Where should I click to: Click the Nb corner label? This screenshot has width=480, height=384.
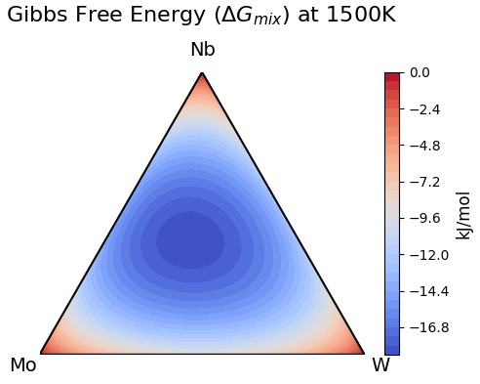202,50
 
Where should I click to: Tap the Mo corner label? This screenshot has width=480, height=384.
22,365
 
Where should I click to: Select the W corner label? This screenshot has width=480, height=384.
380,365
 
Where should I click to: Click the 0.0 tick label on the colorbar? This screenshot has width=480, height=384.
420,72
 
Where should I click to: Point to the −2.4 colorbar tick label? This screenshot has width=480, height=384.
424,109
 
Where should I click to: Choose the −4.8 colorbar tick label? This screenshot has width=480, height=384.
424,146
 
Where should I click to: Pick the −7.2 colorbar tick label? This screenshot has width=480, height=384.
424,182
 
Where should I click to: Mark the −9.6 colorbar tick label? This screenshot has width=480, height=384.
424,218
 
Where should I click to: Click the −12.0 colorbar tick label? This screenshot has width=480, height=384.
428,255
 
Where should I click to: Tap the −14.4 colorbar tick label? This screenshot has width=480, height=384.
428,291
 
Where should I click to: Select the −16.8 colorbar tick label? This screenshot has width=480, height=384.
428,327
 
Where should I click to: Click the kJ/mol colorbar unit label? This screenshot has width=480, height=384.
463,214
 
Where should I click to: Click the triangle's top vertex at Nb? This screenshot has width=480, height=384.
202,72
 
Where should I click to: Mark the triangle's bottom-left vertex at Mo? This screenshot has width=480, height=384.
40,353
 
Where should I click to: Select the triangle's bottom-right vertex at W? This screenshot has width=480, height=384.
364,353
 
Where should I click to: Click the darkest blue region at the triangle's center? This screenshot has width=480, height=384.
191,239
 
